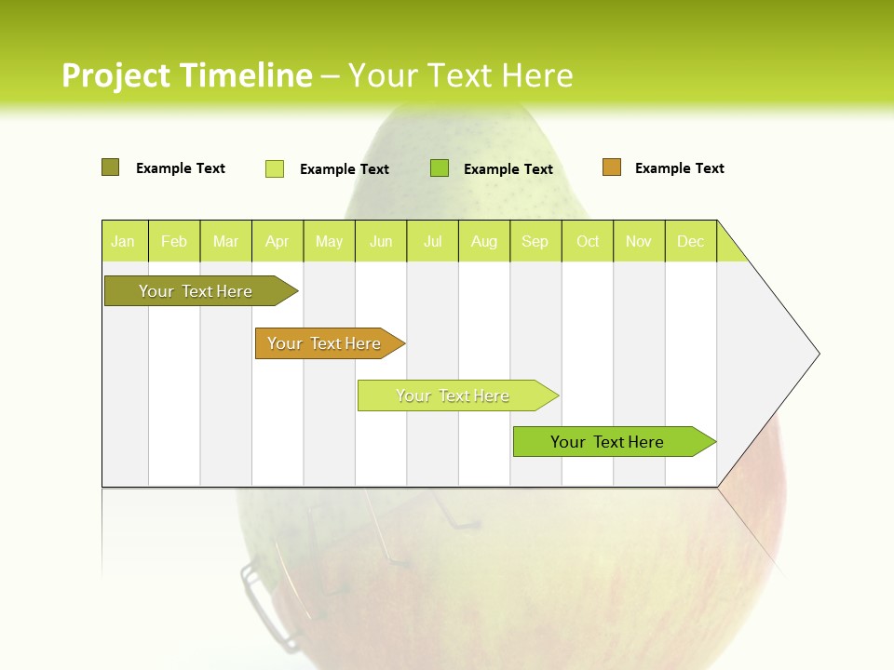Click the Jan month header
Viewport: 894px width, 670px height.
pos(123,241)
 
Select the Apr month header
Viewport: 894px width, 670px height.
pos(277,241)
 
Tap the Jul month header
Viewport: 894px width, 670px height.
pos(432,241)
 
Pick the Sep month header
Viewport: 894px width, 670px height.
pos(535,241)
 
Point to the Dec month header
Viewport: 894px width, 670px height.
pos(690,241)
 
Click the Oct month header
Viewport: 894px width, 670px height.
pos(588,241)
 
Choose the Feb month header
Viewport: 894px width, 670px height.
pos(174,241)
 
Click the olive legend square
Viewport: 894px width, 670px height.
pos(110,167)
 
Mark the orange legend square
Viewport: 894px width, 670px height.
pos(611,167)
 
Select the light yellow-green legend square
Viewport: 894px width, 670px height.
pos(275,168)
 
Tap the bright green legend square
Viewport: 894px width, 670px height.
pos(440,167)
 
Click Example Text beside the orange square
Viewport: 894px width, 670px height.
pos(679,168)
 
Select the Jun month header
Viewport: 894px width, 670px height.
pos(381,241)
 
